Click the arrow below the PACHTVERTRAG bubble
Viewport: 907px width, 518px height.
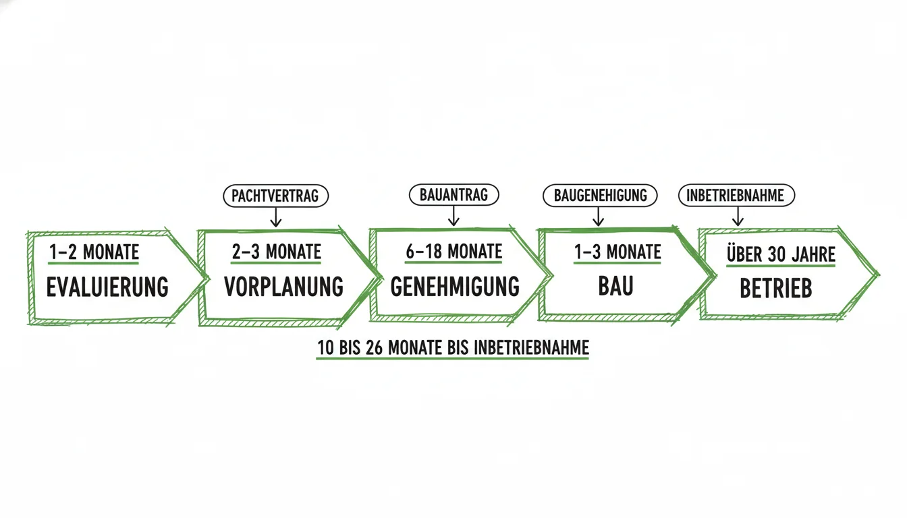coord(276,217)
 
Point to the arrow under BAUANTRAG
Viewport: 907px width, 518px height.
coord(453,216)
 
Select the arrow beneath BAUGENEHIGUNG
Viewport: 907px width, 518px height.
coord(598,217)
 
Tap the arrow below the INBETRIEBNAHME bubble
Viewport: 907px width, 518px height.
coord(738,216)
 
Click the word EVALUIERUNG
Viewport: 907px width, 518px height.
coord(107,287)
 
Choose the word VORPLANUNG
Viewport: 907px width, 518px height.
coord(284,287)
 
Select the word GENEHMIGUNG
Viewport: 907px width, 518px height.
coord(455,287)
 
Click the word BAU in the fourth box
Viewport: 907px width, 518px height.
coord(616,286)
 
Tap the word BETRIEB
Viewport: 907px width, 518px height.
coord(776,288)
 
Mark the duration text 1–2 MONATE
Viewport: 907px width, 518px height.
coord(94,252)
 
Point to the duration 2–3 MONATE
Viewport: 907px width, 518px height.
coord(277,252)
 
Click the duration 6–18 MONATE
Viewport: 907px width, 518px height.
coord(454,252)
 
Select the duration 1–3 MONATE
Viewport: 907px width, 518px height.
coord(617,252)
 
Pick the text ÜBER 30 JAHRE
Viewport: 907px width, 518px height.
coord(781,254)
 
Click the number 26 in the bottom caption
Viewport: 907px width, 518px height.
coord(374,347)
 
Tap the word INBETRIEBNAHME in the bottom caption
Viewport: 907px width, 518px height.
coord(531,347)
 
